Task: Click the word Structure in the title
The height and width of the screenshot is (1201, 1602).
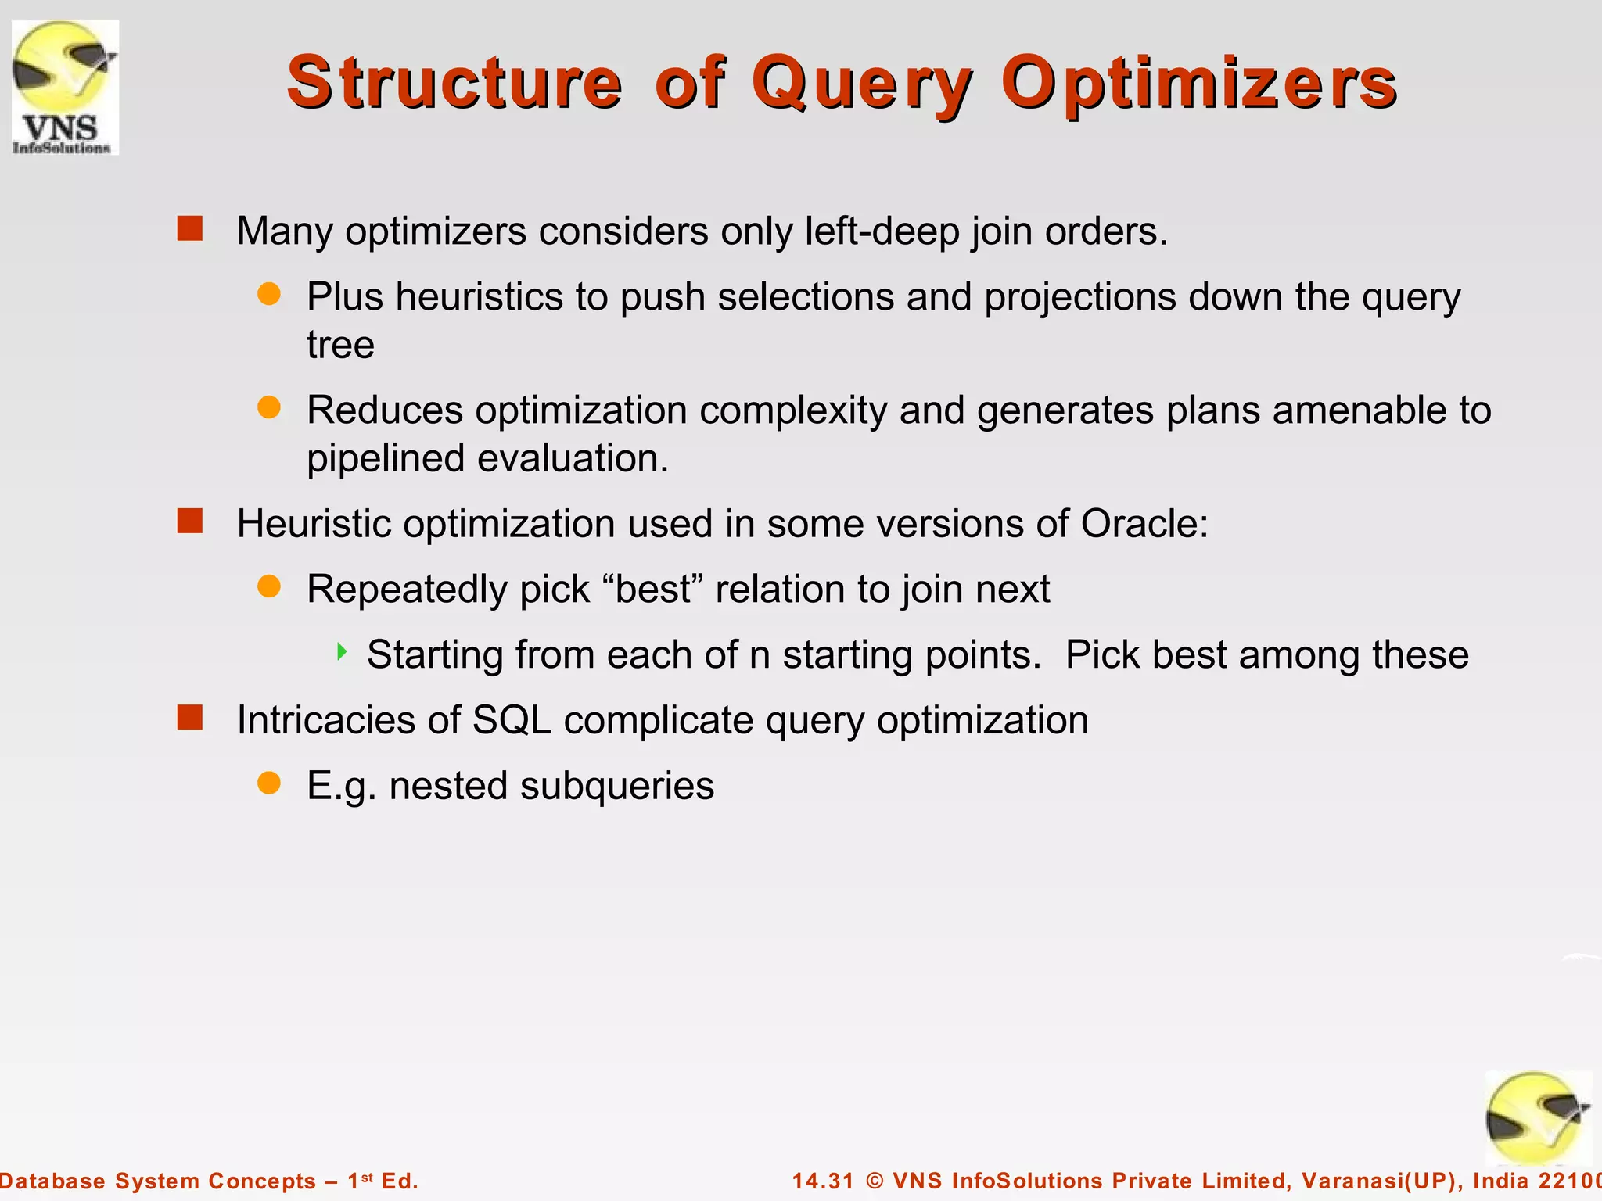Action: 454,83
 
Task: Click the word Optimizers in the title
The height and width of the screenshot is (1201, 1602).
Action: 1198,83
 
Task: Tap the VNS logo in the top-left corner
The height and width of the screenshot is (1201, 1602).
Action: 65,88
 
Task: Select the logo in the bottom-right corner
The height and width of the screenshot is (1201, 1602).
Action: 1538,1118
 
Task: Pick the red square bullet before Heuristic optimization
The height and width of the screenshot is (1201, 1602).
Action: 190,521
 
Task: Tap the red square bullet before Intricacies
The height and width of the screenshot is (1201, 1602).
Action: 190,717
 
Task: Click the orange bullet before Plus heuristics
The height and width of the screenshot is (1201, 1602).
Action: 269,294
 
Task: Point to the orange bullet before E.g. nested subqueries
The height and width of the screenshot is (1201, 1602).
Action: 269,783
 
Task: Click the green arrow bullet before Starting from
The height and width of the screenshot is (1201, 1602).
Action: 342,651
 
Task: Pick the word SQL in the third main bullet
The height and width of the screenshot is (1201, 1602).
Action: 512,720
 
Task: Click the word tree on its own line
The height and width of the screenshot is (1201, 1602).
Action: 340,346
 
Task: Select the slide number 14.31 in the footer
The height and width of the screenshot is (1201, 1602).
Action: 823,1181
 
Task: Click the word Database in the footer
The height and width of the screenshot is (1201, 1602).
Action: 53,1181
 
